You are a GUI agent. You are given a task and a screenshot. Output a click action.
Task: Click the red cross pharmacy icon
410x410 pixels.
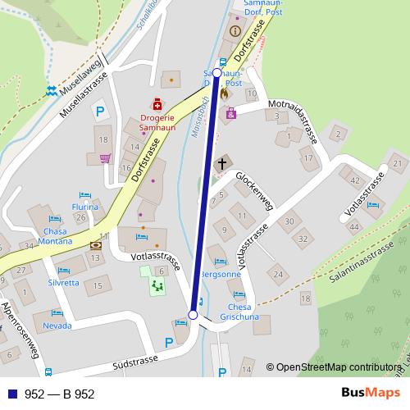coord(155,103)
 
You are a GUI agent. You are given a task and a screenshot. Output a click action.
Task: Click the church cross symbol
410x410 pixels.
coord(221,164)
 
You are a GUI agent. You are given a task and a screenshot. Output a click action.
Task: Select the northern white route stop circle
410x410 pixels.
coord(217,72)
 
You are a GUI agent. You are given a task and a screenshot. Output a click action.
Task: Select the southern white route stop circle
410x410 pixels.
coord(194,314)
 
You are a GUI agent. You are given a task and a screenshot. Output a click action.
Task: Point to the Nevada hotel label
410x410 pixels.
coord(57,325)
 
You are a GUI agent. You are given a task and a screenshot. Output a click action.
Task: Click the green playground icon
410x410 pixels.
coord(157,285)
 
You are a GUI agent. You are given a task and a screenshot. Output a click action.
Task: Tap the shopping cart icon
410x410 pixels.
coord(105,159)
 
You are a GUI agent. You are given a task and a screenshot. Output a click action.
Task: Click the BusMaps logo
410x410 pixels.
coord(371,394)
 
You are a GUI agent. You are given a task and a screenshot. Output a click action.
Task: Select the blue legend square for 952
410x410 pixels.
coord(12,394)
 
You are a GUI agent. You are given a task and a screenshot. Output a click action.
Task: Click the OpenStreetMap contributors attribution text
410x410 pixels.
coord(341,367)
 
